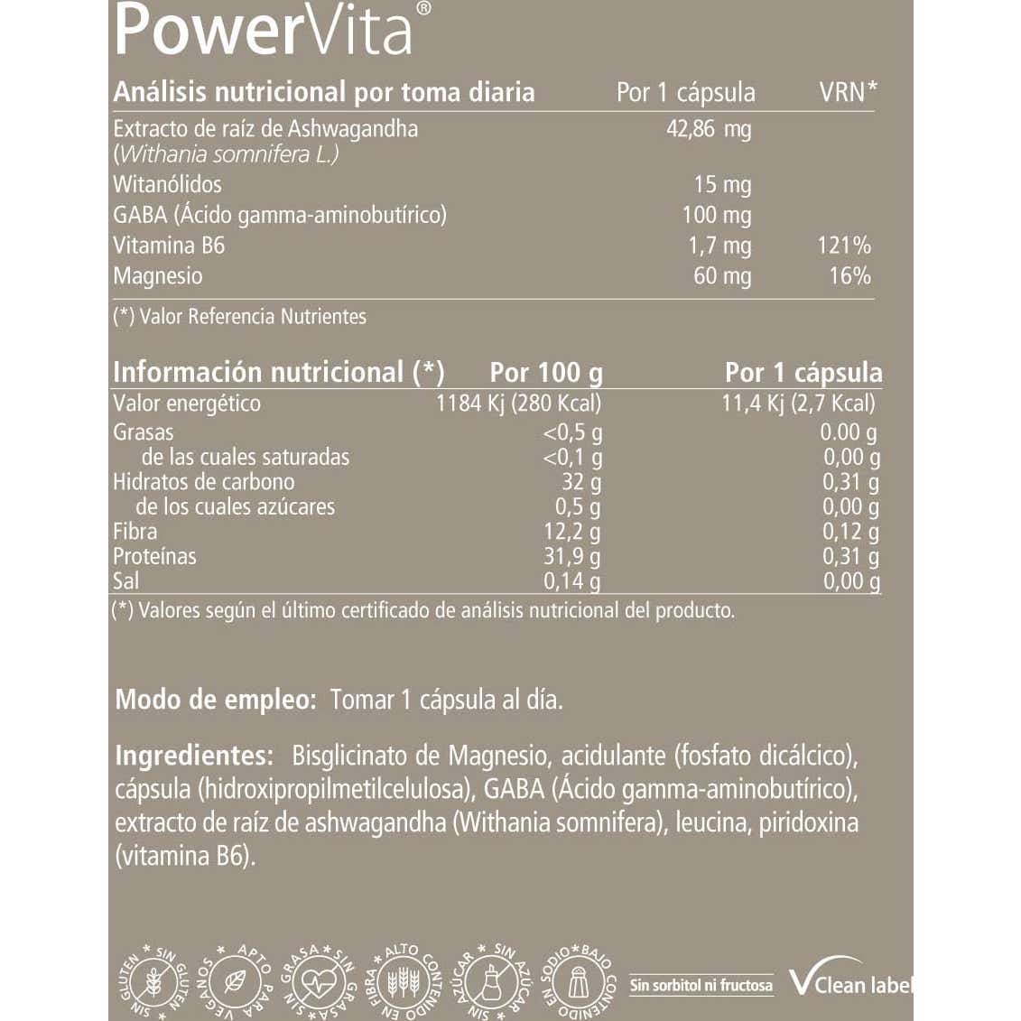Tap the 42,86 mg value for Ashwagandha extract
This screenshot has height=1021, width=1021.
tap(709, 129)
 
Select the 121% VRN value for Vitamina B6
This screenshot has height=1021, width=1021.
tap(844, 246)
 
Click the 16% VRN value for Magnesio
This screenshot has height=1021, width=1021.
tap(849, 276)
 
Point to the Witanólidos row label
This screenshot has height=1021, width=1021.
tap(167, 185)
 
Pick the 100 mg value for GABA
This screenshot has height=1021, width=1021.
tap(716, 216)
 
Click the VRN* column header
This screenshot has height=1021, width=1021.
tap(848, 92)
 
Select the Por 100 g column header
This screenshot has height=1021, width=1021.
tap(546, 373)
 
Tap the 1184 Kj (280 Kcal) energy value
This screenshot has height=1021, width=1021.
tap(518, 404)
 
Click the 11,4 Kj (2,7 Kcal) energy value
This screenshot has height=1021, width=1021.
tap(798, 404)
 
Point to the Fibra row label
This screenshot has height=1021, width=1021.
tap(135, 532)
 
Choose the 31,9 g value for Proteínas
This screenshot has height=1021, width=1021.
tap(571, 557)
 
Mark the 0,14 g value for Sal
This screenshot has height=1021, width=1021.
tap(571, 581)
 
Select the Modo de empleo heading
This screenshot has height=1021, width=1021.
tap(216, 700)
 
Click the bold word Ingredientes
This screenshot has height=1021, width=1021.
tap(194, 756)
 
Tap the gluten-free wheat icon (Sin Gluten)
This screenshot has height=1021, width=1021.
tap(153, 982)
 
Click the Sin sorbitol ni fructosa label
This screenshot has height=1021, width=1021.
tap(701, 985)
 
